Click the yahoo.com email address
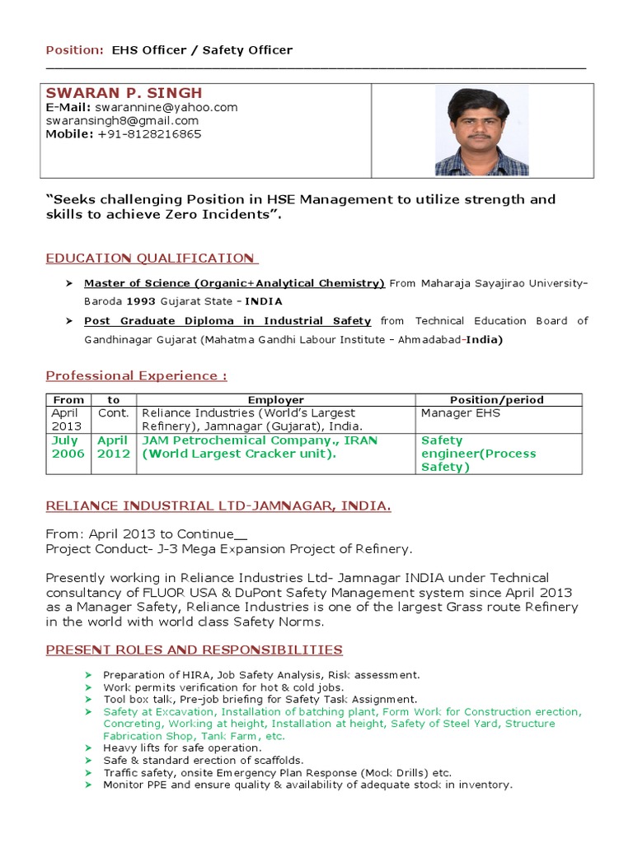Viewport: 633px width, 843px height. tap(166, 108)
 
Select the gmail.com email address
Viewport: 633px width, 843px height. tap(122, 121)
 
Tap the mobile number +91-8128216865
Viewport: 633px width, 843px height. tap(149, 134)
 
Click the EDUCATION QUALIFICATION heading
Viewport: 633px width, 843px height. tap(152, 258)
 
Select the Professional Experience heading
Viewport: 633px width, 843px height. tap(136, 376)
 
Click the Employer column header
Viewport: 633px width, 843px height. tap(276, 400)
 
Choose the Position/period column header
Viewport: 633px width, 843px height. tap(497, 400)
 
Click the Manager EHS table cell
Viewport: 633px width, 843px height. tap(461, 413)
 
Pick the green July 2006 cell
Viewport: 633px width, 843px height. tap(68, 447)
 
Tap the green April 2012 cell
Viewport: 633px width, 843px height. tap(114, 447)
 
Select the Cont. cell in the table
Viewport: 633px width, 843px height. tap(114, 413)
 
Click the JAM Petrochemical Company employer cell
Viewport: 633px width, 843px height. tap(260, 447)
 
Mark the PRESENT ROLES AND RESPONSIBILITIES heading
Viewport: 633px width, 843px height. tap(194, 650)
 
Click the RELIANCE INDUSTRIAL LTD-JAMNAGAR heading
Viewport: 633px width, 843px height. tap(218, 506)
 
